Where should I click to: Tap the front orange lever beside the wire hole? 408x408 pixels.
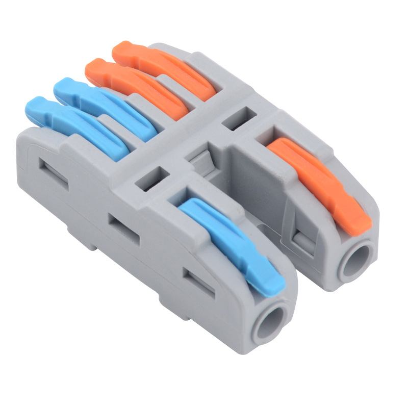point(316,178)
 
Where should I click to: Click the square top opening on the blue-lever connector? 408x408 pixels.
point(151,178)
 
